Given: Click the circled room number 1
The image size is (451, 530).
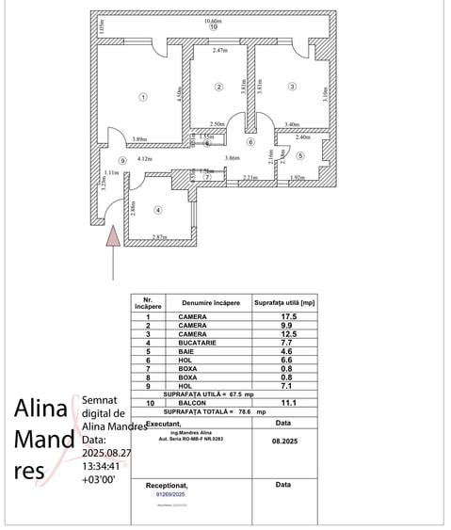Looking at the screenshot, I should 143,96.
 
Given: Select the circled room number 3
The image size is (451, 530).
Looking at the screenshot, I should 292,87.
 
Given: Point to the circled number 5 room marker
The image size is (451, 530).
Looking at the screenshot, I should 300,156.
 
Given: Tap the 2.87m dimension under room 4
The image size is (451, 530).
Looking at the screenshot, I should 160,236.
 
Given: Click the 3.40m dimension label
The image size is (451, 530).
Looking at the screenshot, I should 292,123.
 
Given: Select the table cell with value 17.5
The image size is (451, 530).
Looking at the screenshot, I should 278,316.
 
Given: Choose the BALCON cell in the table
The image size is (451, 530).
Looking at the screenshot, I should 193,402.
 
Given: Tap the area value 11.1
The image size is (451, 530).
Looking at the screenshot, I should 278,402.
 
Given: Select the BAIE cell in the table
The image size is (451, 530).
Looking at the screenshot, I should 192,351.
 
